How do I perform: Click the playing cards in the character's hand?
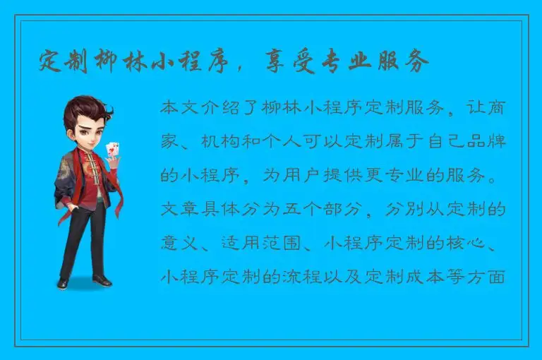111,150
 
